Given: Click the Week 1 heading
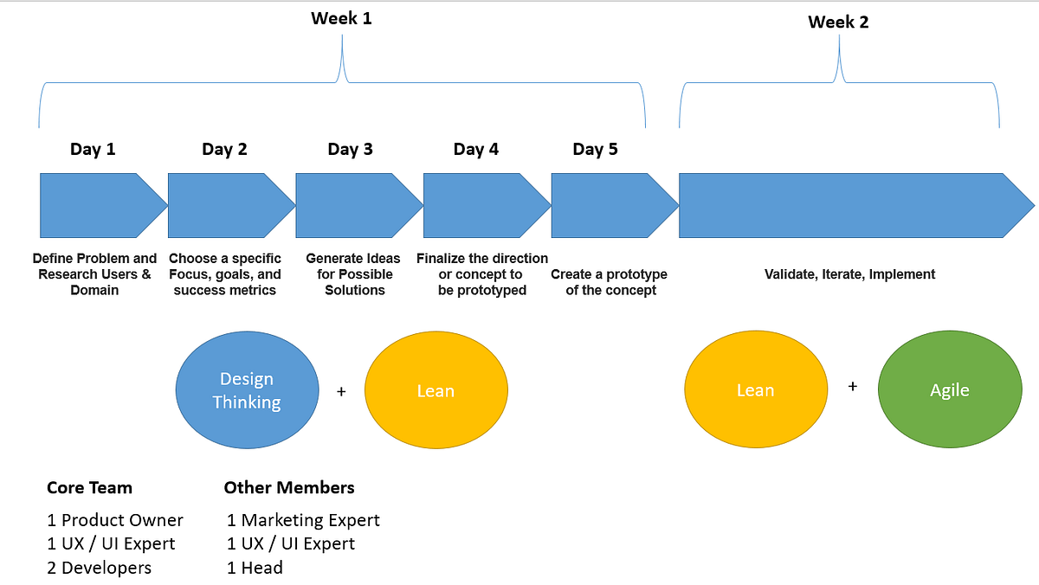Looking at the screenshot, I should (x=342, y=17).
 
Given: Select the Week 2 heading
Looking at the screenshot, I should (x=838, y=22).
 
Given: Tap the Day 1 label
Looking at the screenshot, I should (x=93, y=149).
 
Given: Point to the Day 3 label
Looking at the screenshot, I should (x=350, y=149).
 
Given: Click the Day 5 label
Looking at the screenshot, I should (x=595, y=149).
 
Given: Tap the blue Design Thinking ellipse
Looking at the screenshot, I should (x=247, y=390).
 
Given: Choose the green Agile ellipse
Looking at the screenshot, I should (x=949, y=390).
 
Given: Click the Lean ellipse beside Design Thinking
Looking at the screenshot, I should (x=436, y=391).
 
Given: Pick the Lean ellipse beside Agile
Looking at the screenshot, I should (x=755, y=390).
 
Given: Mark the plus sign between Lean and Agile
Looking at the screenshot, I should (x=853, y=387).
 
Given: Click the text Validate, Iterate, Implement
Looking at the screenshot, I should (x=849, y=274).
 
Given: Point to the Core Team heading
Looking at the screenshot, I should (x=89, y=488).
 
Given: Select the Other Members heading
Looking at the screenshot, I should (x=289, y=488).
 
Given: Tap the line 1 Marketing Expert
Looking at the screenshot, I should (x=303, y=520).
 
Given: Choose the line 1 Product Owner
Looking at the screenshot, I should (x=115, y=520).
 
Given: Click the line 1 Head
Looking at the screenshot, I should (x=255, y=568).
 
